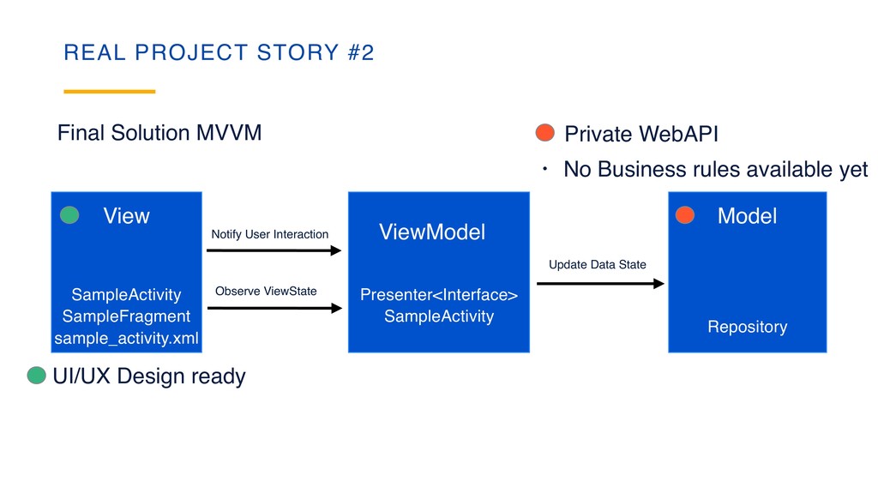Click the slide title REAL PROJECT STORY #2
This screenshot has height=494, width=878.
coord(219,53)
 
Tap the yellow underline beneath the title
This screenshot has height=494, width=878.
coord(110,91)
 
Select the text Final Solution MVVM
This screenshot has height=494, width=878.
coord(159,133)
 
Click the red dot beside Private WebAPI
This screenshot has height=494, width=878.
coord(545,133)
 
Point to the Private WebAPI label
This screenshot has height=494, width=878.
coord(640,135)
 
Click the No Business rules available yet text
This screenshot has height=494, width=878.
coord(715,170)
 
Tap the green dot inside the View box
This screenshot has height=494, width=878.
coord(69,215)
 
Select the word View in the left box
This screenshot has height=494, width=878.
coord(126,216)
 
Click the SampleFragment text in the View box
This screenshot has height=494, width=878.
coord(126,316)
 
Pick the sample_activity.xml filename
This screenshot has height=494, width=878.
coord(126,339)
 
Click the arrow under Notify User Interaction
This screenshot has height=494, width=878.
coord(274,251)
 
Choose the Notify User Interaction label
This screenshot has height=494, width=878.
coord(269,234)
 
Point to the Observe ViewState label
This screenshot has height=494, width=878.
coord(266,292)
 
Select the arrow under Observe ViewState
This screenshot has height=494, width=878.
coord(274,309)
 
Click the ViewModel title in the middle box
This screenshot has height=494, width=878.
coord(432,232)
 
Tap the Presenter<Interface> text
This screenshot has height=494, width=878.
coord(439,296)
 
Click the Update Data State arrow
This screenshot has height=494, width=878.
coord(600,283)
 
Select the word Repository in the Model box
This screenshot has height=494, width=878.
coord(747,327)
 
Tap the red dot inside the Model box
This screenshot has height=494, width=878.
coord(684,215)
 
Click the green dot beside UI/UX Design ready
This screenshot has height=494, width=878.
coord(36,376)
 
